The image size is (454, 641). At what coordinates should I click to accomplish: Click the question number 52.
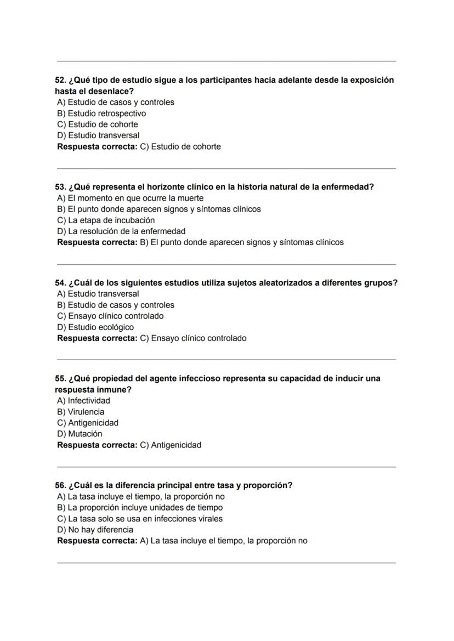click(x=60, y=80)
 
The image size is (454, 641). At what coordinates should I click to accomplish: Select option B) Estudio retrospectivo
click(x=101, y=114)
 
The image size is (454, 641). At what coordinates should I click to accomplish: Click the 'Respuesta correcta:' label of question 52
click(x=97, y=146)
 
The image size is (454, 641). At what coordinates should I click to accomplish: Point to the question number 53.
click(x=60, y=187)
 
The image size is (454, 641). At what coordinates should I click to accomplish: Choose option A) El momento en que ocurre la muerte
click(x=130, y=198)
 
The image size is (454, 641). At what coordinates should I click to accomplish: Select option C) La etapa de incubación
click(x=106, y=220)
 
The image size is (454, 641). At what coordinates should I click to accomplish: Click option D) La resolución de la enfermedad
click(x=121, y=231)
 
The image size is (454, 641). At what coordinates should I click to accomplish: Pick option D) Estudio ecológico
click(x=95, y=327)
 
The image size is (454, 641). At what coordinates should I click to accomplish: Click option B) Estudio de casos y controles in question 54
click(x=116, y=305)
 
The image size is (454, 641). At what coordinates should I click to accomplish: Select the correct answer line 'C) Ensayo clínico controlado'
click(x=193, y=338)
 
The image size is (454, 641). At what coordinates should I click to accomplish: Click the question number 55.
click(x=60, y=379)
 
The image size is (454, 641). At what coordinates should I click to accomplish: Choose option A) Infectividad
click(x=83, y=401)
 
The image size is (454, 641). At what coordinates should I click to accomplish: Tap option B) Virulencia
click(x=81, y=412)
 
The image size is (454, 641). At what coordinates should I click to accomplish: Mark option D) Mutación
click(x=80, y=434)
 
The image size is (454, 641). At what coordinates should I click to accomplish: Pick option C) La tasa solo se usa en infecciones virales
click(x=140, y=519)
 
